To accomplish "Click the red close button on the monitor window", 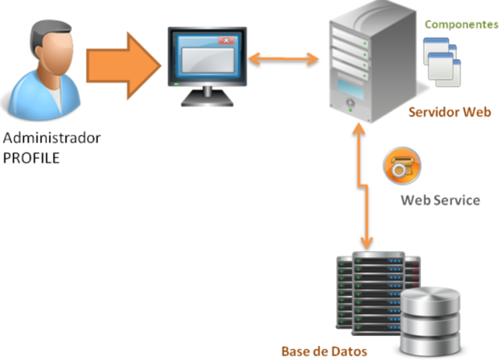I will coord(226,40).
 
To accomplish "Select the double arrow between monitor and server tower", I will coord(283,58).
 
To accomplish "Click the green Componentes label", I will coord(460,24).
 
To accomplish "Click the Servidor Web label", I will coord(449,112).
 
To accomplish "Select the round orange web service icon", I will coord(401,166).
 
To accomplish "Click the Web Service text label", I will coord(440,200).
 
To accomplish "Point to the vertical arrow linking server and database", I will coord(362,188).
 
